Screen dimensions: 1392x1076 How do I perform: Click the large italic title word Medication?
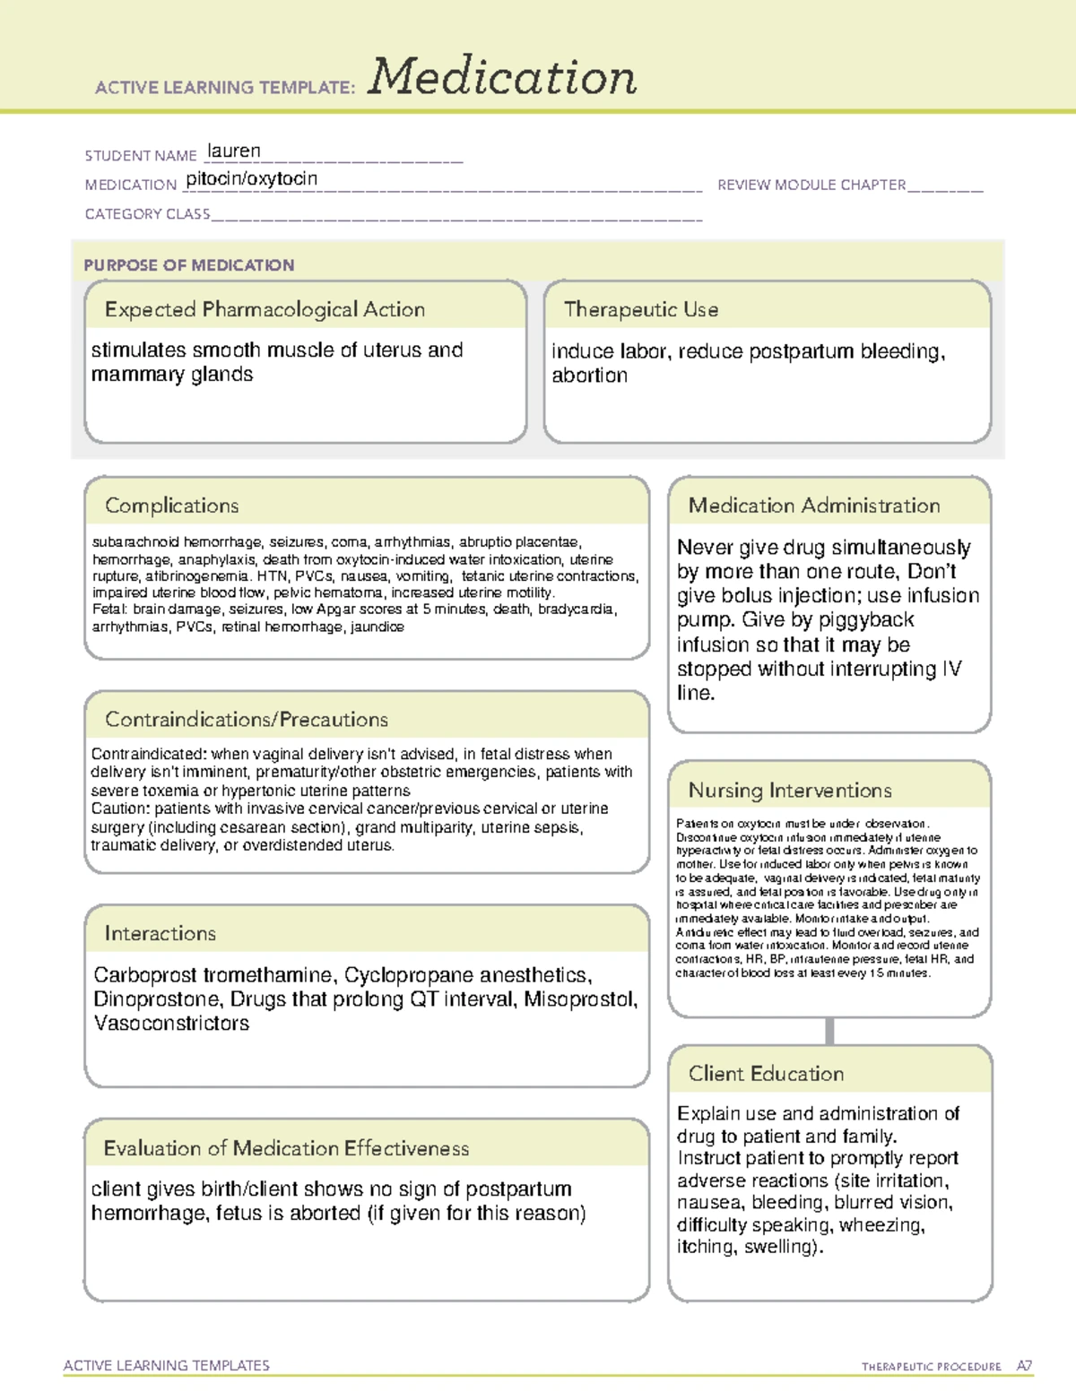click(x=502, y=77)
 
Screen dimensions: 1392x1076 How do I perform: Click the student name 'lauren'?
click(x=234, y=151)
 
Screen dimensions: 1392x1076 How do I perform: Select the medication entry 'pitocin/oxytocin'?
click(x=252, y=178)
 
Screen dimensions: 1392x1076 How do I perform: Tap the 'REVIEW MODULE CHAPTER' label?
click(x=811, y=185)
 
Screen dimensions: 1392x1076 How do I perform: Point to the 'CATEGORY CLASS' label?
click(x=147, y=214)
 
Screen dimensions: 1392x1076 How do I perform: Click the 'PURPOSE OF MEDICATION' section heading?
click(x=188, y=265)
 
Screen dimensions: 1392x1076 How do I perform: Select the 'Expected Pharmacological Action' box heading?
click(x=265, y=309)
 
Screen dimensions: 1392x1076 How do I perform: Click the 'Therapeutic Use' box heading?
click(x=640, y=309)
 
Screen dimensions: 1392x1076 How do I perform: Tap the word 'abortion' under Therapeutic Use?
click(x=589, y=376)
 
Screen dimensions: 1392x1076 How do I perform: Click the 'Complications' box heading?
click(x=171, y=506)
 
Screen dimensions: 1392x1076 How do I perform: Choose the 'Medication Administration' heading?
click(x=813, y=506)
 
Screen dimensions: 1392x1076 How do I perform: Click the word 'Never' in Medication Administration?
click(x=705, y=548)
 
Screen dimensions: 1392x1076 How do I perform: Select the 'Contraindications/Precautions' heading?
click(x=246, y=720)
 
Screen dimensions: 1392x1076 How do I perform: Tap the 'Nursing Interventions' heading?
click(x=789, y=791)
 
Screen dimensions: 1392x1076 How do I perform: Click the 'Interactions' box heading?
click(x=160, y=934)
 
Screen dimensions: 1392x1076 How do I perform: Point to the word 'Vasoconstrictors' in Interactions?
click(x=171, y=1024)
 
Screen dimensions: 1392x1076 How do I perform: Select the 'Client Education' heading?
click(x=766, y=1074)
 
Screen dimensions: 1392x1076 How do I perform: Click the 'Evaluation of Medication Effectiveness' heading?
click(x=286, y=1148)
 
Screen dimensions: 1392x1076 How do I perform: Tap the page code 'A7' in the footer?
click(x=1024, y=1366)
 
